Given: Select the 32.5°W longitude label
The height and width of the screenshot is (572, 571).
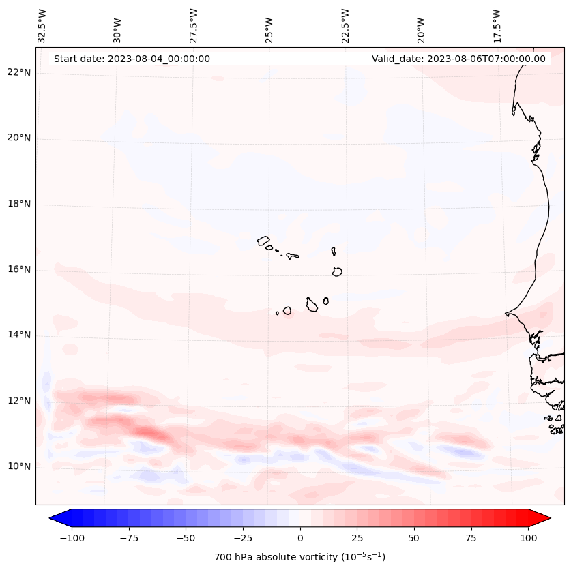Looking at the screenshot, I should tap(42, 26).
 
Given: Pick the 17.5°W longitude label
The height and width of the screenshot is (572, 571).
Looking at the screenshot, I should tap(497, 26).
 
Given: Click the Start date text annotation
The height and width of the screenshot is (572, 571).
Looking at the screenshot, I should tap(132, 59).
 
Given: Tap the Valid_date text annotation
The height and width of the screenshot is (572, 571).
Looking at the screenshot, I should tap(458, 59).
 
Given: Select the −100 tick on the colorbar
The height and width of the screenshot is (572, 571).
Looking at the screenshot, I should tap(72, 538).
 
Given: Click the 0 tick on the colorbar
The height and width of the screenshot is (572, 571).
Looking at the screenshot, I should tap(300, 538).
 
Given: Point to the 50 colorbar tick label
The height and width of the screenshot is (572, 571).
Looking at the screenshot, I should tap(414, 538).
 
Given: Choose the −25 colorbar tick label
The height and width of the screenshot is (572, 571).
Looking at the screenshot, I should tap(243, 538).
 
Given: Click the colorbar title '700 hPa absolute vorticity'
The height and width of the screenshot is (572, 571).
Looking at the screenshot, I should tap(299, 557).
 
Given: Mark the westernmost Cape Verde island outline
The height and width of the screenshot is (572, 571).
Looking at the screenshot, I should tap(263, 241).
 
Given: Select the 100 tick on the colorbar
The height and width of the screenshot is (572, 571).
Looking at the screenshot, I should tap(528, 538).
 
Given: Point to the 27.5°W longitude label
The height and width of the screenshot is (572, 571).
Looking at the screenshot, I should tap(194, 26).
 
